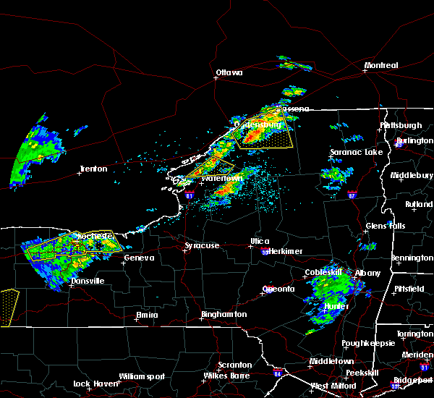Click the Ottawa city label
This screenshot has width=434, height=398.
tap(229, 72)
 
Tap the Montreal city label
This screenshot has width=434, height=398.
tap(380, 66)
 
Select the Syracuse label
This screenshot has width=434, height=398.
tap(201, 246)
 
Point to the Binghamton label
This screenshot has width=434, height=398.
tap(224, 315)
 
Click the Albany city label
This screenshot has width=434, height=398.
tap(366, 273)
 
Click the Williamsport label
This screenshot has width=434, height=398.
tap(142, 376)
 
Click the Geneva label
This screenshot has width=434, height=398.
tap(139, 258)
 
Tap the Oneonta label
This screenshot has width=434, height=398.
tap(278, 289)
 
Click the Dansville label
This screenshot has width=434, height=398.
tap(87, 281)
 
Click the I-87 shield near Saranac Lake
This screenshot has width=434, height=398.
tap(352, 195)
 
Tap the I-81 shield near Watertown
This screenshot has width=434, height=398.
tap(190, 195)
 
